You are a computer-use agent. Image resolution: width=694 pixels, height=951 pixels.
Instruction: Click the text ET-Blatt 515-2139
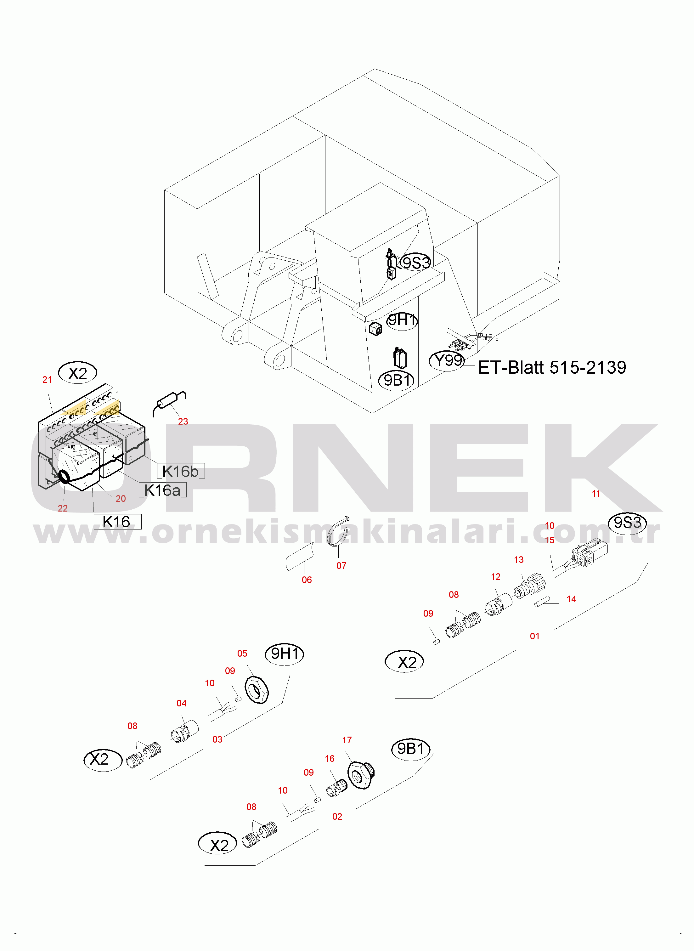552,368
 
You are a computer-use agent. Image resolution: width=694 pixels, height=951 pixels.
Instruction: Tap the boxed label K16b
181,471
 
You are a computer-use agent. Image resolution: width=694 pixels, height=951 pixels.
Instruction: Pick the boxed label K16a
162,490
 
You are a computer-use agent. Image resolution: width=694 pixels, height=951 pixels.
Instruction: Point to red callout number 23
183,421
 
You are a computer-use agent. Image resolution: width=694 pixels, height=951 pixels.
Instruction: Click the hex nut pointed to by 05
256,690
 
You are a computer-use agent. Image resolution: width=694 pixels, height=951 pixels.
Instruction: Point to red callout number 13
519,559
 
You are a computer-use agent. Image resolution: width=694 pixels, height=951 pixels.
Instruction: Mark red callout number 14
571,599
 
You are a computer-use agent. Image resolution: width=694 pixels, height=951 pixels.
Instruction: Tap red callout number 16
330,758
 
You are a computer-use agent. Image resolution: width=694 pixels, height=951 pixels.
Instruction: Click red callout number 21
47,379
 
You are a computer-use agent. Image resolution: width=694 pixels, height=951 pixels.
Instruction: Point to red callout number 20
121,498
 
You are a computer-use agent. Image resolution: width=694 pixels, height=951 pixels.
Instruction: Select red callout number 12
496,577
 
